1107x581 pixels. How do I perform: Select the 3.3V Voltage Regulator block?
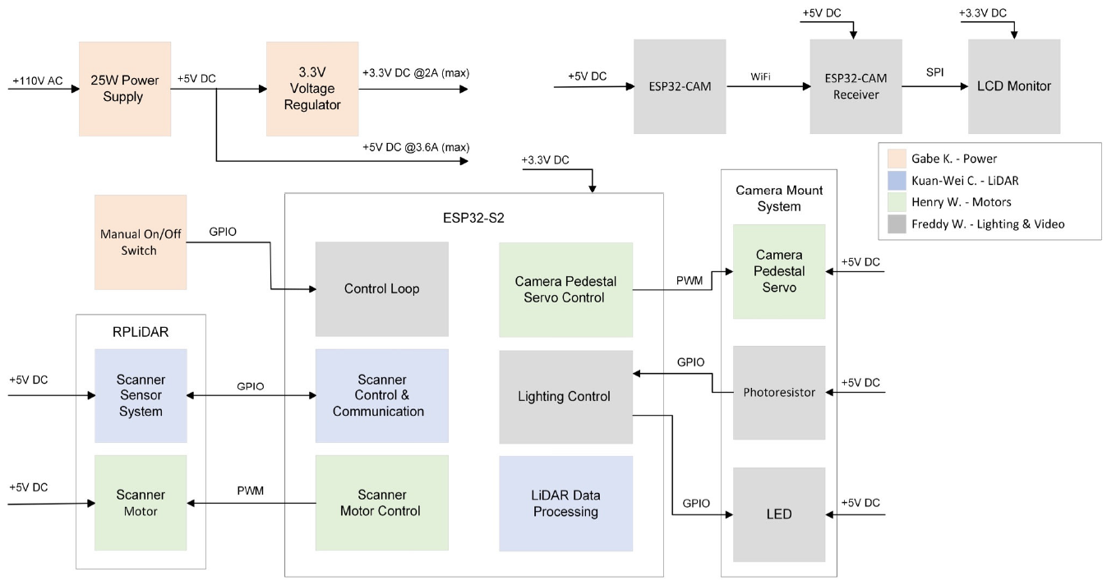coord(313,89)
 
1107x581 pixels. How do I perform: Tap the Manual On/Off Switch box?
coord(140,242)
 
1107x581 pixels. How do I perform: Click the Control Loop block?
coord(381,289)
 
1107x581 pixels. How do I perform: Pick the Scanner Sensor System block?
coord(141,395)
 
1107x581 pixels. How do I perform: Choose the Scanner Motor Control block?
coord(381,503)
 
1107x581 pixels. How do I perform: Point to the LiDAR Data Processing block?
coord(565,503)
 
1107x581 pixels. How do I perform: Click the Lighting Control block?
coord(565,396)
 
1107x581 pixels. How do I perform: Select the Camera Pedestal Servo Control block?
coord(565,289)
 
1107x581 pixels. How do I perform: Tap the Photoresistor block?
coord(778,392)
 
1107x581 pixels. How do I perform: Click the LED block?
coord(778,514)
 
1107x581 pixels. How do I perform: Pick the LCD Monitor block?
coord(1013,86)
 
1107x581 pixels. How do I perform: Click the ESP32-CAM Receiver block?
coord(856,86)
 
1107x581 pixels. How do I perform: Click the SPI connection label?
coord(934,72)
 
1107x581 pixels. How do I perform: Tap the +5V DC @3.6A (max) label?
coord(415,147)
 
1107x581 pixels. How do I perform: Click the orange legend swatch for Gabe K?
coord(897,159)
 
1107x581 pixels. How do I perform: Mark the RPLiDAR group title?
coord(141,333)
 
